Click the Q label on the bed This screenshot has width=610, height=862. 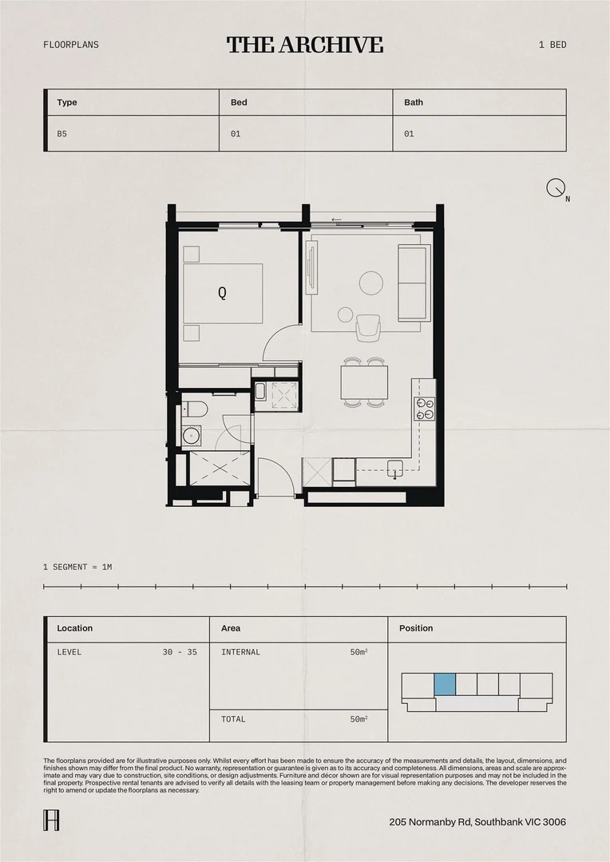click(x=222, y=293)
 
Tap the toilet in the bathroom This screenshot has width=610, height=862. click(x=196, y=410)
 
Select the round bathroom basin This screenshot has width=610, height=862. click(x=191, y=435)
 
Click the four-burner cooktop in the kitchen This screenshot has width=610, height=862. click(x=424, y=409)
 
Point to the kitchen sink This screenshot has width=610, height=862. click(x=394, y=467)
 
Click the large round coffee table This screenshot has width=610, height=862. click(x=371, y=283)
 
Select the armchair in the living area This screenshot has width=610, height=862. click(x=369, y=326)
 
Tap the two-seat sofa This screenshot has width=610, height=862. click(x=414, y=283)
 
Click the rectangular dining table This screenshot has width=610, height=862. click(x=364, y=382)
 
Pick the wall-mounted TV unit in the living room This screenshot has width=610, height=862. click(x=312, y=267)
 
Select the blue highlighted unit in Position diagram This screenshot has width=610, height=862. click(x=445, y=684)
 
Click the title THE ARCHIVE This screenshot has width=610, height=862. click(x=305, y=45)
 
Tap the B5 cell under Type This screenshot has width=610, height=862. click(x=62, y=134)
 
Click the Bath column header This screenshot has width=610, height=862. click(x=414, y=102)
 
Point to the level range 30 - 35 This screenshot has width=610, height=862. click(x=180, y=652)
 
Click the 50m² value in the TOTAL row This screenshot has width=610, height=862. click(x=358, y=719)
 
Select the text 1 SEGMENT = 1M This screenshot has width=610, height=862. click(x=77, y=567)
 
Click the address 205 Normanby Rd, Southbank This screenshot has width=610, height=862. click(x=477, y=822)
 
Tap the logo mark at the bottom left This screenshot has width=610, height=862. click(x=50, y=820)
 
